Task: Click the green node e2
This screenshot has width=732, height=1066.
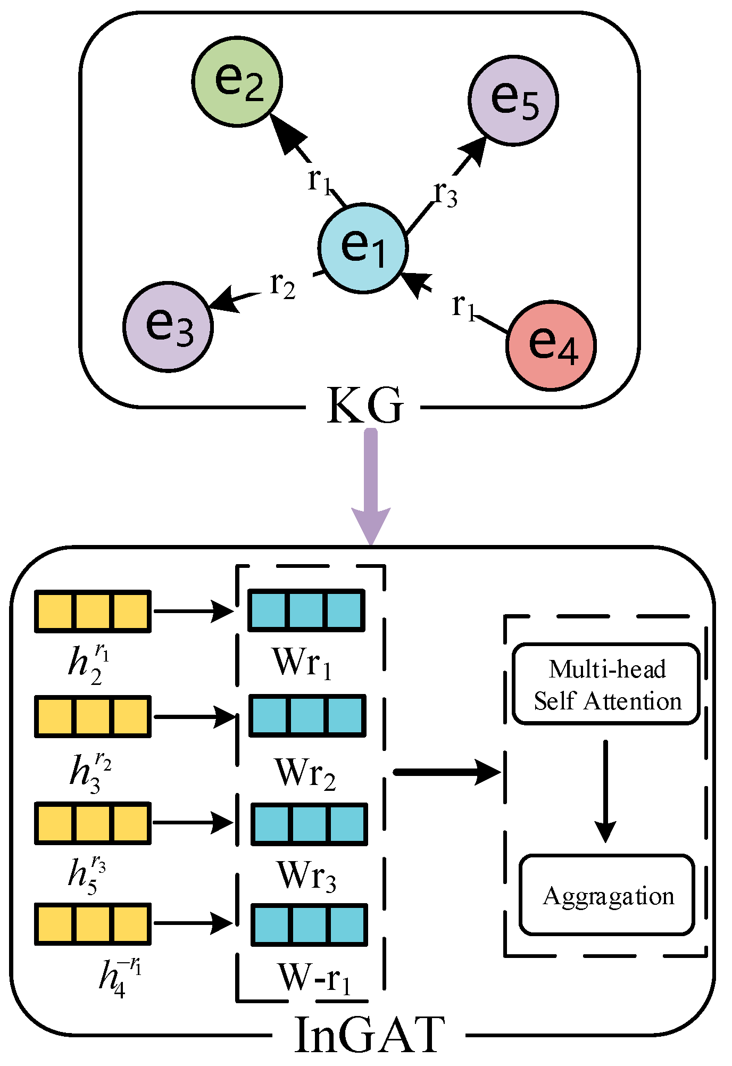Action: click(237, 81)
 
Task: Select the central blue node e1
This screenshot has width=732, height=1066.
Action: click(363, 248)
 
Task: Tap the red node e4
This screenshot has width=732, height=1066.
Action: click(551, 346)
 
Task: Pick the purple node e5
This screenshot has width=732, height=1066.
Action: click(513, 100)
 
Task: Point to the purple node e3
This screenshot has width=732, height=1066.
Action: click(168, 327)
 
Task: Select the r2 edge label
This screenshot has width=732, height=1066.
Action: click(282, 286)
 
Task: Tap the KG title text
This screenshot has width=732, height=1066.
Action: click(365, 407)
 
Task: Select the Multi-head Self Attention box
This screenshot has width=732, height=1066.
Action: click(606, 684)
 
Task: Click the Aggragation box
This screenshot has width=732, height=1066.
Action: click(607, 896)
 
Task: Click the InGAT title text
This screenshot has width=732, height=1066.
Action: click(369, 1035)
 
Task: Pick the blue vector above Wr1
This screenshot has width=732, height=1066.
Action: click(307, 610)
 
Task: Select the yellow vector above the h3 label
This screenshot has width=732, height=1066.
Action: click(93, 716)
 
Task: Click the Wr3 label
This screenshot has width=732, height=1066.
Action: click(306, 876)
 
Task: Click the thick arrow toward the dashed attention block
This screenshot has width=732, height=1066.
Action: click(447, 772)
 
